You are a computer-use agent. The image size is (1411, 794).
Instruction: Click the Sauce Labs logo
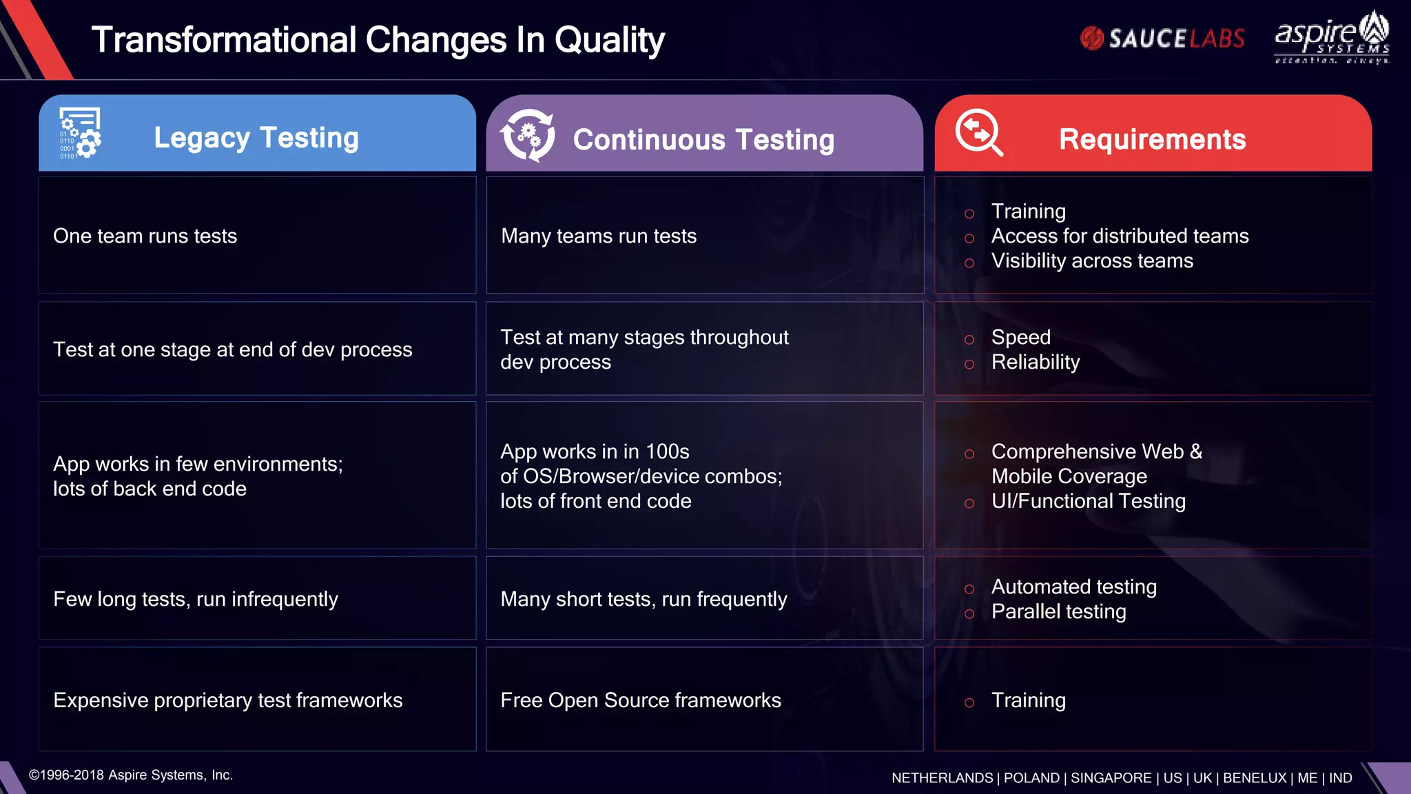(x=1162, y=39)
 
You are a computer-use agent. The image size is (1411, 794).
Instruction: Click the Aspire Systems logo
(x=1332, y=39)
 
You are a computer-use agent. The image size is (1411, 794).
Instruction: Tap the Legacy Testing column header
(x=256, y=138)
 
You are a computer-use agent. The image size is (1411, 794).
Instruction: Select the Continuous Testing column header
(x=703, y=139)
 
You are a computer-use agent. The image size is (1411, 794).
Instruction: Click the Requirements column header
(x=1152, y=139)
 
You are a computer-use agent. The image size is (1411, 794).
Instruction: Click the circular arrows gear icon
(x=528, y=135)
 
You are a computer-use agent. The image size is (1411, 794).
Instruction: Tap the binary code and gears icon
(x=80, y=133)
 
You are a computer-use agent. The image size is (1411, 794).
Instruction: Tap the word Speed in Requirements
(x=1020, y=337)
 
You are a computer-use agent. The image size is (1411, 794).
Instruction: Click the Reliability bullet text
(x=1036, y=362)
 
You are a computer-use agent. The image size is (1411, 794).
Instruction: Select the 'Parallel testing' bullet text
(x=1058, y=611)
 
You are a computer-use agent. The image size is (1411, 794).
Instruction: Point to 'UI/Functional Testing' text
(x=1089, y=501)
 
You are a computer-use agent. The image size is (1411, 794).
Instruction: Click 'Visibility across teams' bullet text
(x=1092, y=261)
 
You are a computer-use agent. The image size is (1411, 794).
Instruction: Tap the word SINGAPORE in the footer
(x=1111, y=777)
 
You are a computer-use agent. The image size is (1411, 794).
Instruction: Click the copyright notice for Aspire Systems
(x=131, y=775)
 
